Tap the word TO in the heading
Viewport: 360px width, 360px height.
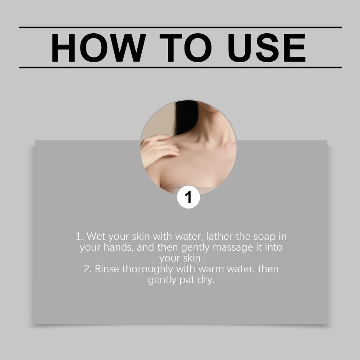click(185, 48)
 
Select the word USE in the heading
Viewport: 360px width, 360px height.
click(267, 48)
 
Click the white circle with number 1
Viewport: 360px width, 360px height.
click(189, 197)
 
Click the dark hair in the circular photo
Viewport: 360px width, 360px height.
click(186, 117)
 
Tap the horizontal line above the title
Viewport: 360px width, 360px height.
click(180, 27)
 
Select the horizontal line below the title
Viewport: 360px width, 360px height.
click(180, 67)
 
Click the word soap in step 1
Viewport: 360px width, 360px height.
click(264, 237)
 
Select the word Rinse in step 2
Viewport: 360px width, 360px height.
click(107, 269)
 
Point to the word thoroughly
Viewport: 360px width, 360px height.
click(148, 269)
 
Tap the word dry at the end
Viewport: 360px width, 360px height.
click(206, 280)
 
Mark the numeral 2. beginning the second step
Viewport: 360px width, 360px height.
click(88, 269)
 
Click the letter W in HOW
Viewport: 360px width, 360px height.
click(129, 48)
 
